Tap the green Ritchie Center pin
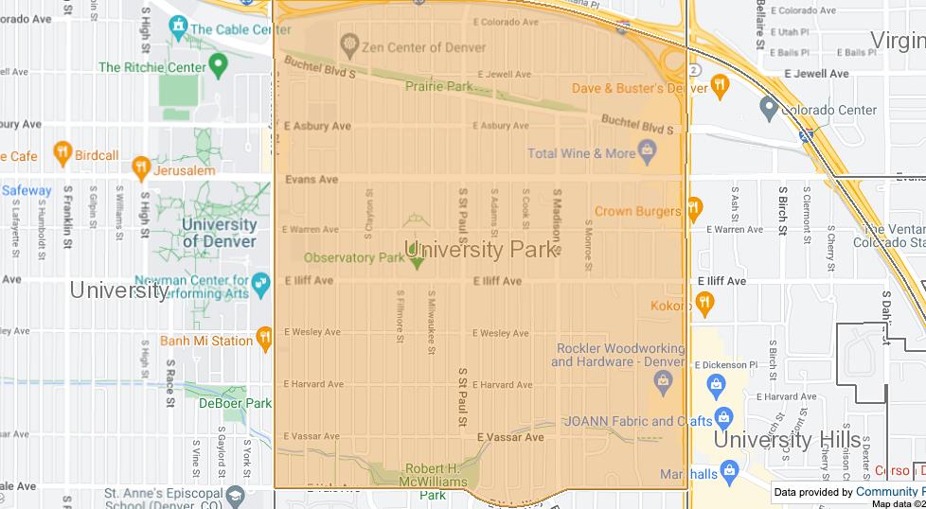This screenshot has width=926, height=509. click(220, 64)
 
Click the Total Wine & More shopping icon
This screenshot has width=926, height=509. click(648, 149)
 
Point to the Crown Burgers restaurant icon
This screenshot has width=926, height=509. click(694, 207)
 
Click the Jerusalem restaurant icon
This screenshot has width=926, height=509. click(141, 167)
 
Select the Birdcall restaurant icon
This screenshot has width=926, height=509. click(62, 152)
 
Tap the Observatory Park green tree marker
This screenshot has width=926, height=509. click(417, 258)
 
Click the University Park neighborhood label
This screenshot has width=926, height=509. click(480, 250)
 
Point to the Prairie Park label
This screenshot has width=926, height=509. click(438, 86)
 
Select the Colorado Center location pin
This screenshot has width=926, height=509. click(769, 108)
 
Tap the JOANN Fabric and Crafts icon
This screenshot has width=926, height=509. click(724, 416)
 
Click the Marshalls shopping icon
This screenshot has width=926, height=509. click(728, 470)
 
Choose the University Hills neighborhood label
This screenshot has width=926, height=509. click(787, 440)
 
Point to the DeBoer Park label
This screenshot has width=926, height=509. click(234, 403)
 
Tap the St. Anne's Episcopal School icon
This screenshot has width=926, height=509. click(234, 495)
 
